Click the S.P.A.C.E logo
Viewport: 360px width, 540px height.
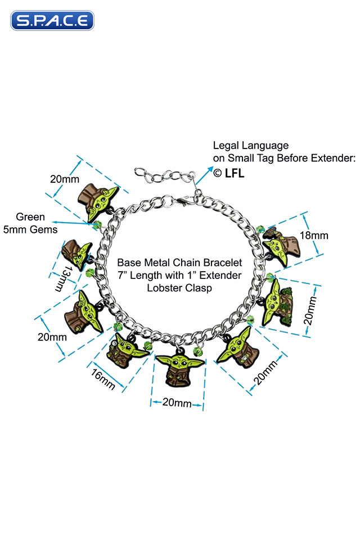(x=52, y=21)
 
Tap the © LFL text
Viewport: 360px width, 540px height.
(x=228, y=173)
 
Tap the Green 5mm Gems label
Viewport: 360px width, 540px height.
(x=30, y=223)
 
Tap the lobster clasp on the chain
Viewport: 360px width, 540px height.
(x=184, y=200)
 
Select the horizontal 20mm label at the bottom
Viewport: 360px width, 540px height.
(x=177, y=403)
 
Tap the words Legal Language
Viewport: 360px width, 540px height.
(x=250, y=146)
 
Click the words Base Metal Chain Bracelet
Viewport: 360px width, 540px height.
(x=179, y=263)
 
